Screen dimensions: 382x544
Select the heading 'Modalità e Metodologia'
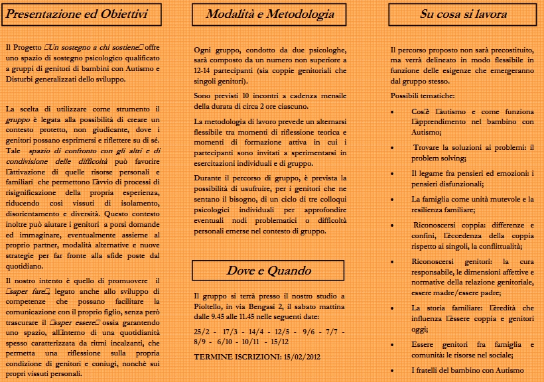(270, 14)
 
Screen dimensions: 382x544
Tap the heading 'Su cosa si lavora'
(463, 14)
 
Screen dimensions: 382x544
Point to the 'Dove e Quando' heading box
(270, 271)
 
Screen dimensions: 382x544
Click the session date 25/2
(202, 330)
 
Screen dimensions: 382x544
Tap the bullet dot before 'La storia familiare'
(394, 308)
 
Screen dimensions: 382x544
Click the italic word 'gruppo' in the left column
(19, 121)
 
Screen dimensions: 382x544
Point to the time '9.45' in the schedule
(238, 317)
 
